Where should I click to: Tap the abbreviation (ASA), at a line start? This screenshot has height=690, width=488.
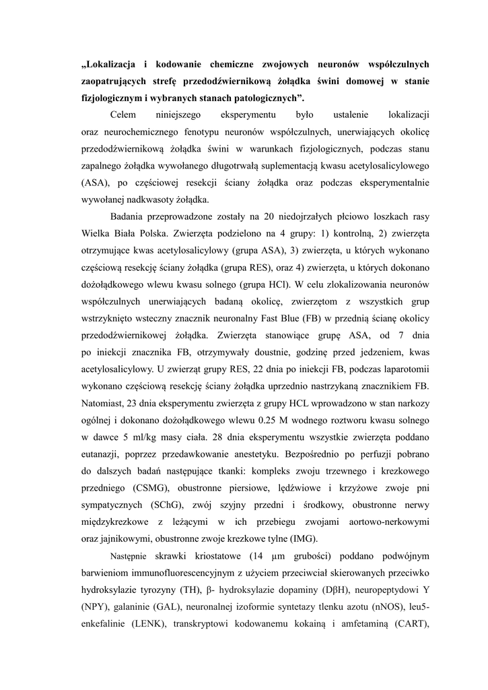tap(97, 183)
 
